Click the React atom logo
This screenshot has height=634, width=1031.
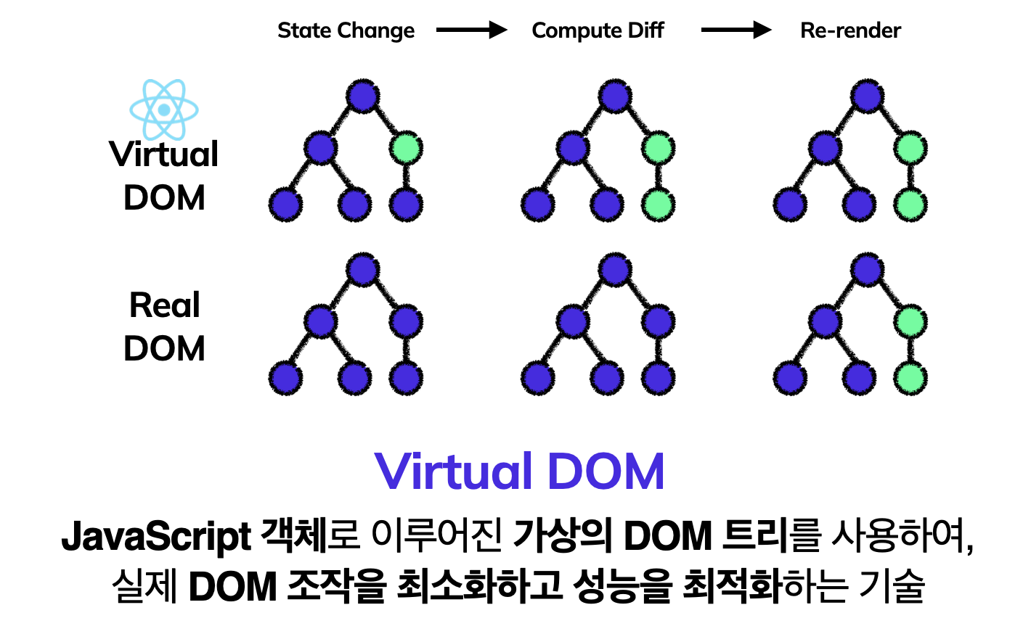(x=164, y=110)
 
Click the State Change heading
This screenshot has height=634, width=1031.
(x=346, y=30)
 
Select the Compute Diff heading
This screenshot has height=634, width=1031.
(x=598, y=30)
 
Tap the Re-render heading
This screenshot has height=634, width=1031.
(x=850, y=30)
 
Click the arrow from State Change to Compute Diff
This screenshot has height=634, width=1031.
(x=472, y=30)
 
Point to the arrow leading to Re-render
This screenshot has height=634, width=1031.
(x=736, y=30)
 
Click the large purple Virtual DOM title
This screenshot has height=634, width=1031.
(x=519, y=472)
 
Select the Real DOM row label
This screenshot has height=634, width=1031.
(x=164, y=326)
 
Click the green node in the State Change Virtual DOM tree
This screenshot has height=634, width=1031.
(x=406, y=149)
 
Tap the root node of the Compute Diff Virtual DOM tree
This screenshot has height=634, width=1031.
(x=616, y=96)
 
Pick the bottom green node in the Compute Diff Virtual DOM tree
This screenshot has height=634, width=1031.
(x=658, y=205)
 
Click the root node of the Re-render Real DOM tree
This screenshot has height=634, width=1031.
(x=868, y=270)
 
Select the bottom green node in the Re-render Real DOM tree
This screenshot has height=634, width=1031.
(x=910, y=378)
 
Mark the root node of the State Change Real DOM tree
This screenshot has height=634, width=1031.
(x=363, y=270)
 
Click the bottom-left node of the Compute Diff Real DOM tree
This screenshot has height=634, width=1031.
(x=538, y=378)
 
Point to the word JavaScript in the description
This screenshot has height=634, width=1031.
(x=156, y=537)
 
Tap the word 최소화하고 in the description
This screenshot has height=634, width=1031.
(x=479, y=586)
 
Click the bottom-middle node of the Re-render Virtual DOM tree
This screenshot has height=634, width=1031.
(x=860, y=205)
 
